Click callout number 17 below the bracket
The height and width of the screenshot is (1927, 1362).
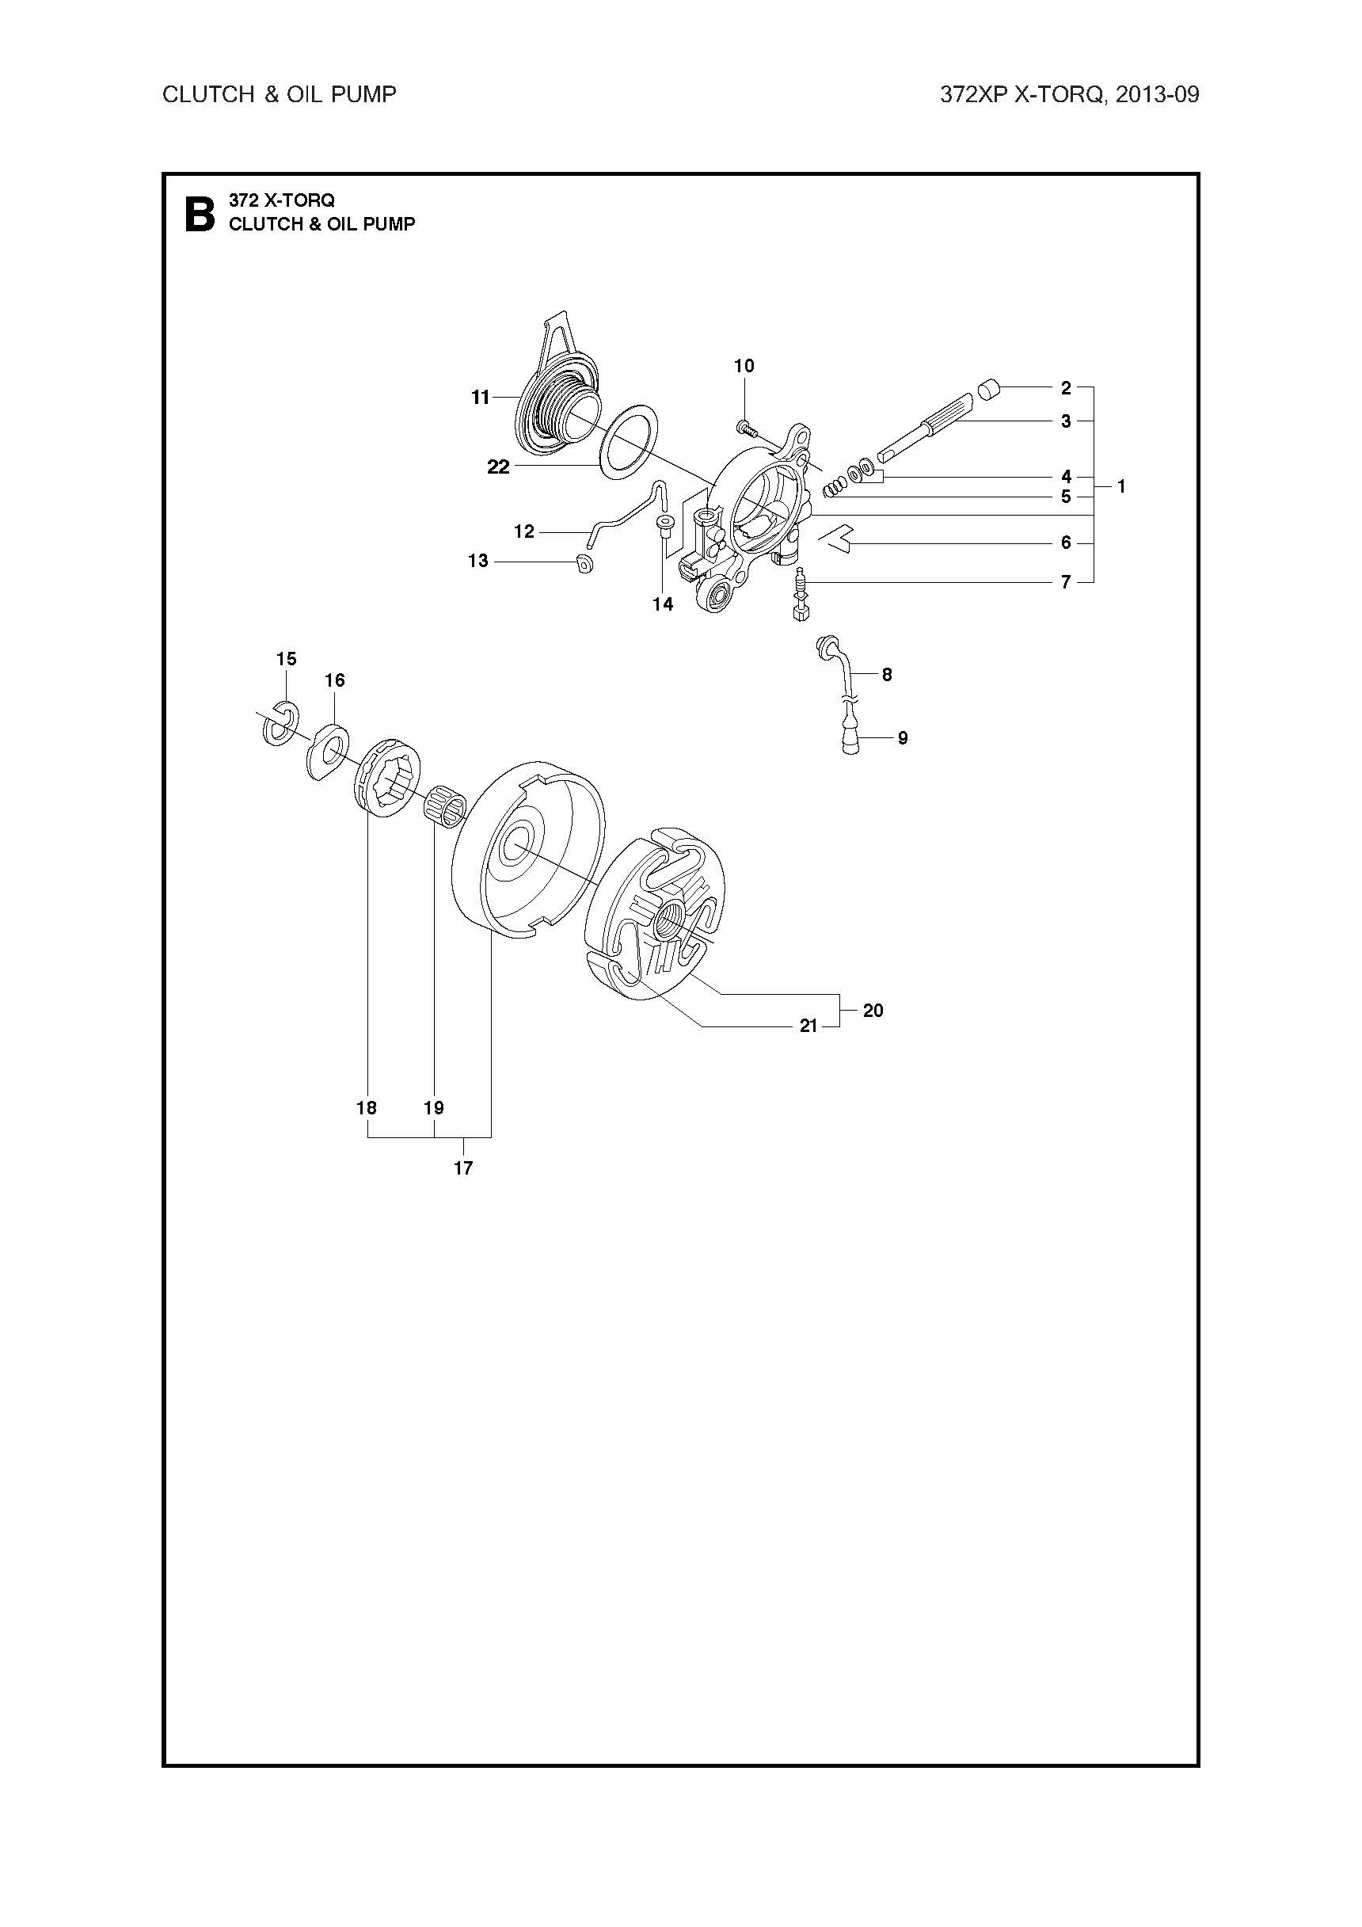coord(463,1167)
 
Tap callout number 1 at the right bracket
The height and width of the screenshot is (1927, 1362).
coord(1122,486)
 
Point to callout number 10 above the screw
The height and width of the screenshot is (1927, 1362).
coord(744,366)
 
